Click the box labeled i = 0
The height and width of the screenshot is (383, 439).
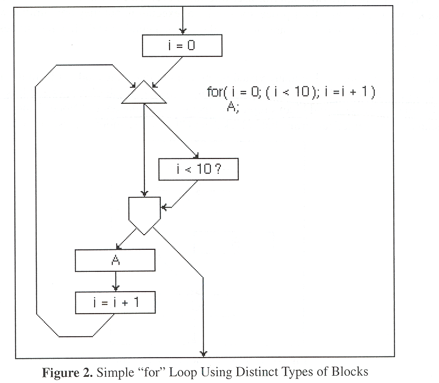click(x=181, y=45)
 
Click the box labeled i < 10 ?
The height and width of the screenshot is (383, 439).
click(x=198, y=169)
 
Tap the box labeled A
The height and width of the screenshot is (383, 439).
click(x=114, y=260)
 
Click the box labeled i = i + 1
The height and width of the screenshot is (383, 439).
click(x=115, y=303)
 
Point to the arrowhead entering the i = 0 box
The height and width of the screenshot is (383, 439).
click(x=181, y=31)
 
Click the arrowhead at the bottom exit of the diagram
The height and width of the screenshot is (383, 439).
click(x=203, y=354)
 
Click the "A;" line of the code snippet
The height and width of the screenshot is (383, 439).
click(x=233, y=107)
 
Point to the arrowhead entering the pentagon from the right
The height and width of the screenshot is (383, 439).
click(x=163, y=208)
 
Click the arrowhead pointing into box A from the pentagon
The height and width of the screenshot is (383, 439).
click(x=118, y=246)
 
